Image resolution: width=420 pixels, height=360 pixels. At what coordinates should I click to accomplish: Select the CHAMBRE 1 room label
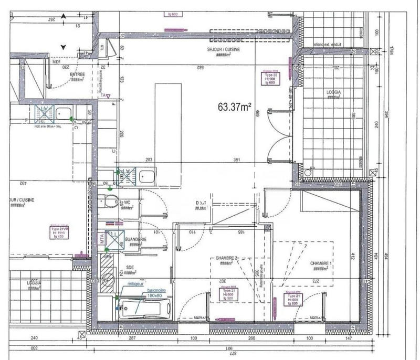[321, 264]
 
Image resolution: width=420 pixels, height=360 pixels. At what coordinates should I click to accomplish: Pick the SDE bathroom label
[129, 267]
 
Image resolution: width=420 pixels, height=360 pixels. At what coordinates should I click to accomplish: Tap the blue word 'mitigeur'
[130, 283]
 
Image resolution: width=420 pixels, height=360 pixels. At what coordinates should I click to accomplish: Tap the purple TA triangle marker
[105, 96]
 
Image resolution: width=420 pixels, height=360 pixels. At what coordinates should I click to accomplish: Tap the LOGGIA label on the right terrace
[334, 91]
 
